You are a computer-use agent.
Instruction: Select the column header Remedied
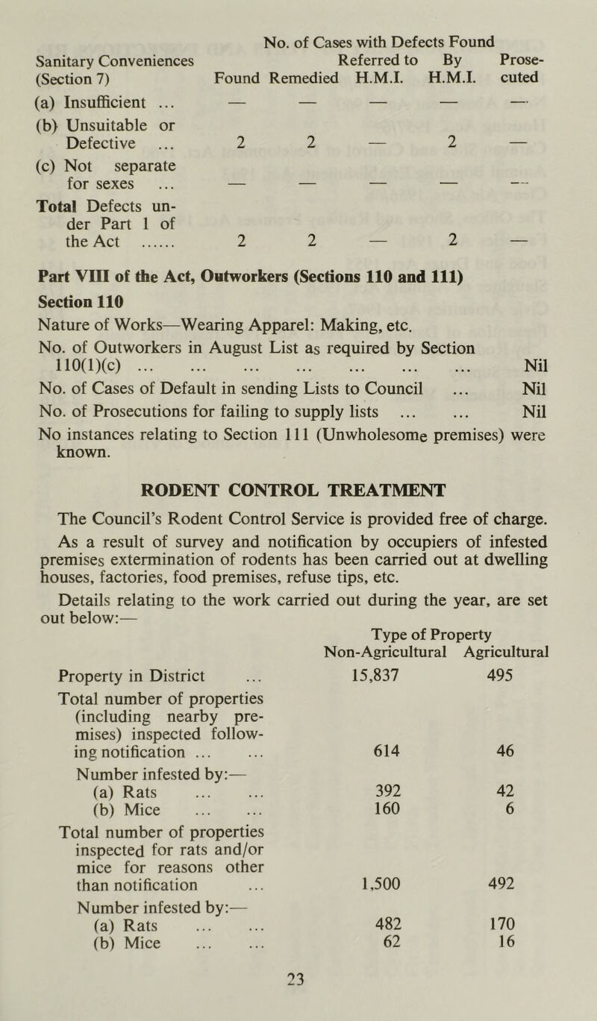point(303,77)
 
